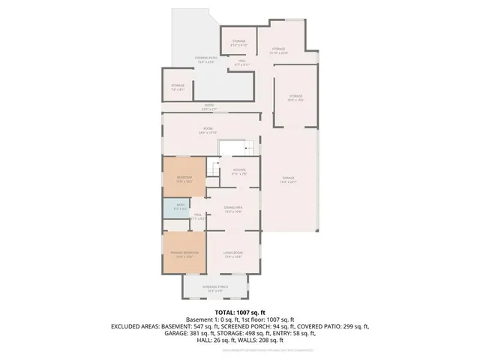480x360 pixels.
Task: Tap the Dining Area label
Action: coord(233,208)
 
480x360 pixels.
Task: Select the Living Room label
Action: coord(232,254)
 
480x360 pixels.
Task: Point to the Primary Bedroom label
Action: coord(184,254)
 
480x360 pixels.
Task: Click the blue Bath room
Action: coord(180,206)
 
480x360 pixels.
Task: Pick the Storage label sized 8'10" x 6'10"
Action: coord(238,43)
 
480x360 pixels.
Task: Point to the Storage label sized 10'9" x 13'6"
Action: coord(295,97)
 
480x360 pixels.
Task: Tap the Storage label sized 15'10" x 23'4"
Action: coord(278,50)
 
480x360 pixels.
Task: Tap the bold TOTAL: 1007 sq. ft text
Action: coord(240,312)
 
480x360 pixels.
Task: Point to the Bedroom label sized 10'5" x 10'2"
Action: coord(184,178)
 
